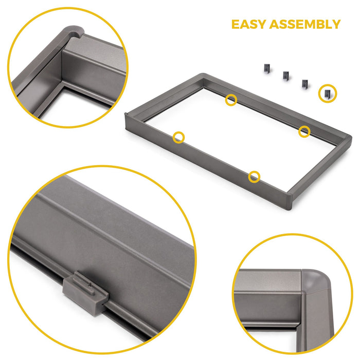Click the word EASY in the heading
click(x=250, y=24)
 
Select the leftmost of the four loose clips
click(x=266, y=68)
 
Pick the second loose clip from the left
click(x=285, y=76)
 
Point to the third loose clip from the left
click(x=305, y=83)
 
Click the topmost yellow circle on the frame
click(x=231, y=100)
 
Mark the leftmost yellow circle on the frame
click(x=178, y=137)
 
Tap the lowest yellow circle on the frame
click(x=254, y=177)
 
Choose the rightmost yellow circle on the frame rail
click(x=304, y=131)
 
